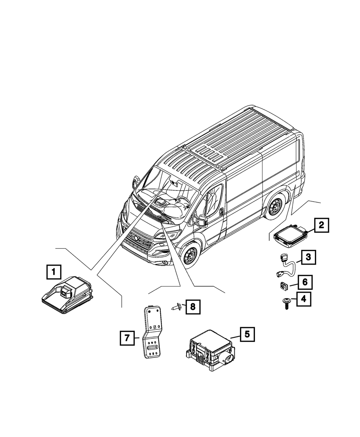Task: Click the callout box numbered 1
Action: click(x=54, y=272)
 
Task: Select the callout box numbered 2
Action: click(x=321, y=225)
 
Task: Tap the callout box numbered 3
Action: click(x=309, y=257)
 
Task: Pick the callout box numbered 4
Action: click(x=304, y=298)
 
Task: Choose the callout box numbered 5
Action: click(x=247, y=334)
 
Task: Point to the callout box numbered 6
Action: click(x=305, y=282)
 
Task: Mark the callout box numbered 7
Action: click(x=127, y=338)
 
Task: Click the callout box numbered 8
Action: click(x=193, y=306)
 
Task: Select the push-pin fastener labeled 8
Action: click(x=175, y=307)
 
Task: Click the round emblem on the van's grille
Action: click(x=135, y=238)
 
